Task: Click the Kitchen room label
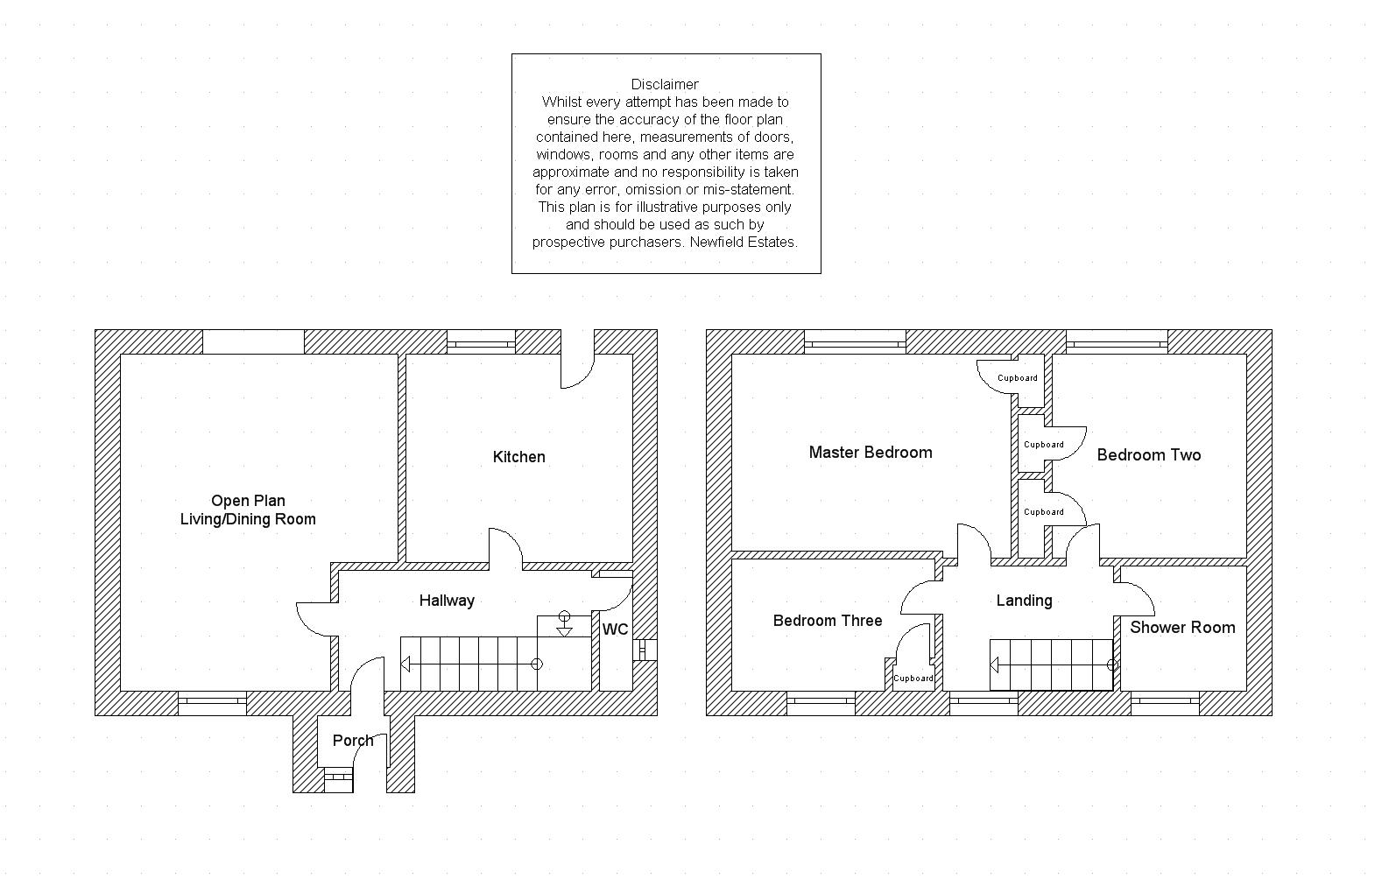pyautogui.click(x=518, y=457)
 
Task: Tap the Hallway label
pyautogui.click(x=447, y=601)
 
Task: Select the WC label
pyautogui.click(x=615, y=629)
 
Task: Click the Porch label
pyautogui.click(x=353, y=741)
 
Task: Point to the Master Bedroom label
pyautogui.click(x=870, y=453)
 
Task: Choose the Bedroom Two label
pyautogui.click(x=1148, y=455)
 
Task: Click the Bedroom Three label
pyautogui.click(x=827, y=621)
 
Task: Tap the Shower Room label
pyautogui.click(x=1181, y=628)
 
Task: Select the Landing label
pyautogui.click(x=1024, y=601)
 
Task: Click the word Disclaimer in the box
pyautogui.click(x=665, y=84)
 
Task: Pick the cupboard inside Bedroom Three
pyautogui.click(x=913, y=678)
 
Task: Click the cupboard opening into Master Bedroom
pyautogui.click(x=1016, y=378)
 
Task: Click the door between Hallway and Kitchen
pyautogui.click(x=505, y=547)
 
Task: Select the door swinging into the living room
pyautogui.click(x=315, y=619)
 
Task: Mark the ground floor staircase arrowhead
pyautogui.click(x=405, y=664)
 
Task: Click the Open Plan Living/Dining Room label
pyautogui.click(x=248, y=510)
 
